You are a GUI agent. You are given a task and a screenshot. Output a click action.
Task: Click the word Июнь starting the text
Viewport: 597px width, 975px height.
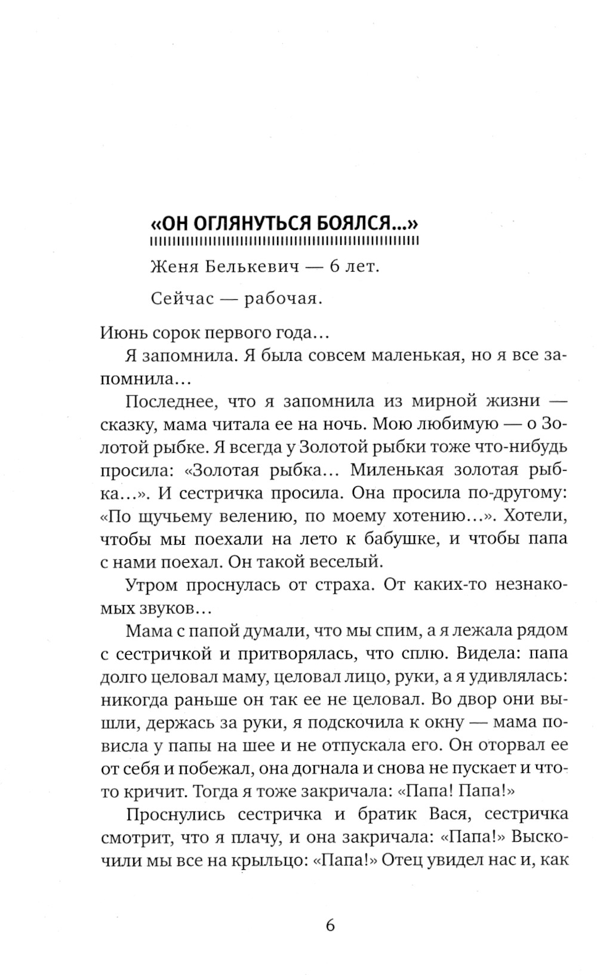121,333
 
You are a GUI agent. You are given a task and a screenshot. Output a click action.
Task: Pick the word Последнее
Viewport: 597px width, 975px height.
170,401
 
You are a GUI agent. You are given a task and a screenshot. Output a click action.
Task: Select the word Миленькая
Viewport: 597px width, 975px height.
396,470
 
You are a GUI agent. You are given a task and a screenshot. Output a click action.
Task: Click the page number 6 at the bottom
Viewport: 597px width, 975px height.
331,925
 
